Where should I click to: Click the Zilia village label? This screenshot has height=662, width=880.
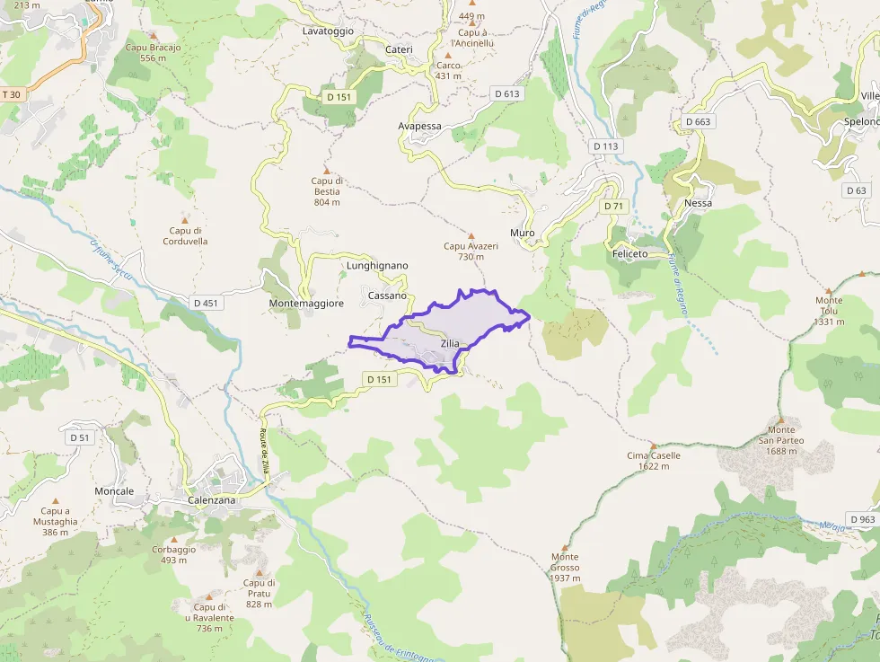450,343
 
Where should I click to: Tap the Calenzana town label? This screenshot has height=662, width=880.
212,500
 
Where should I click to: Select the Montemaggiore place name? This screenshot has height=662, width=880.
306,304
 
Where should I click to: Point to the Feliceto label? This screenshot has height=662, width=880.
629,254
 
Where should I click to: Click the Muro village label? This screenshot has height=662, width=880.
522,233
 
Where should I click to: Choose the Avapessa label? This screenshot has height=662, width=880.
419,126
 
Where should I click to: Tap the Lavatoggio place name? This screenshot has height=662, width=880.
328,31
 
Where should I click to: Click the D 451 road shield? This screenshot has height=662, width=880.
205,303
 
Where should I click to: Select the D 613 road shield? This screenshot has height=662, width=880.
506,93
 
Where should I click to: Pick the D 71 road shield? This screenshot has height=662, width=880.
613,207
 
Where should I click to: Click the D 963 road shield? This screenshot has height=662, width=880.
861,519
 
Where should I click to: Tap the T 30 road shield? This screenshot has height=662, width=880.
12,94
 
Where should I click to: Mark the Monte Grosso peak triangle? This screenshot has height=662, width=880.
565,547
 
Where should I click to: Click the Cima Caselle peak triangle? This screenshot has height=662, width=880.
654,445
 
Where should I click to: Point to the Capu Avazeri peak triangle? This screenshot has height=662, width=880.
471,235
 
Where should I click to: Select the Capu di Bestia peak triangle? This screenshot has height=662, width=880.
327,170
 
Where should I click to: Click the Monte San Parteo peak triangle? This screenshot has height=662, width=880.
780,419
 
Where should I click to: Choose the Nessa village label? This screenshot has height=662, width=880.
698,203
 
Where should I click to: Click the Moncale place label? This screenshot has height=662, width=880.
114,491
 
